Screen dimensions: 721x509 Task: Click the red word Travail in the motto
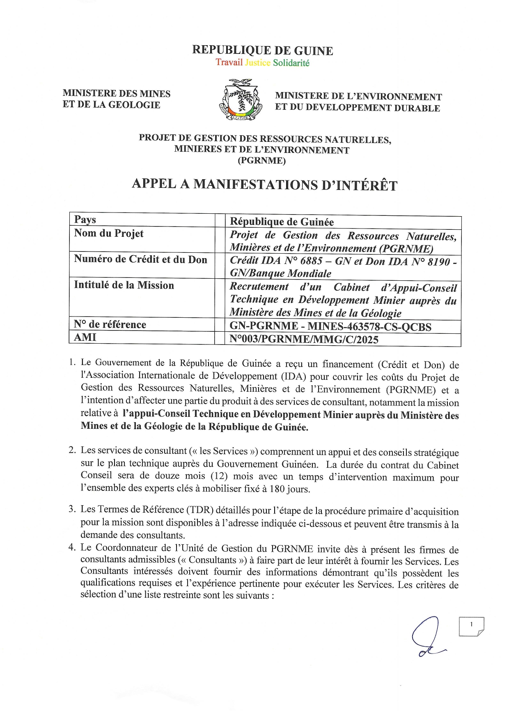tap(229, 62)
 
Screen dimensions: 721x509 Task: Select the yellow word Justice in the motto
tap(257, 63)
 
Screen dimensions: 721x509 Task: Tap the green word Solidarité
tap(291, 63)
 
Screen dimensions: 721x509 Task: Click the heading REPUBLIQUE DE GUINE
tap(262, 51)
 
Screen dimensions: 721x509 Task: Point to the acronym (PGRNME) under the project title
tap(261, 161)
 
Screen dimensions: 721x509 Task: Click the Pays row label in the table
tap(85, 220)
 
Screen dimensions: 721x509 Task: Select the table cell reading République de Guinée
tap(282, 222)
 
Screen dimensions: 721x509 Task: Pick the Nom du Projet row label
tap(109, 233)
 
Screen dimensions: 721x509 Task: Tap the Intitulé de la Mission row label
tap(124, 285)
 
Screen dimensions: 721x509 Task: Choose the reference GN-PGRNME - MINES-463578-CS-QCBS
tap(330, 327)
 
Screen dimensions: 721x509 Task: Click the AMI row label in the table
tap(85, 337)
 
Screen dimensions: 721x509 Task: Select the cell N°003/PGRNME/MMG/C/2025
tap(304, 340)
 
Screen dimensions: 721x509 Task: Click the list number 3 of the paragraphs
tap(72, 509)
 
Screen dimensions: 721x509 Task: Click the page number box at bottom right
tap(471, 626)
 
